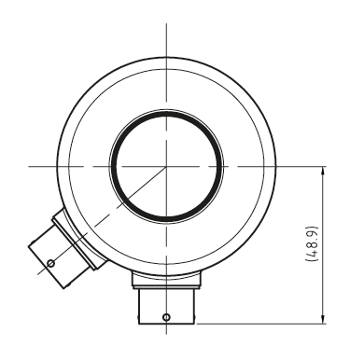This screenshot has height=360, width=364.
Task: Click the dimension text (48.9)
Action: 313,243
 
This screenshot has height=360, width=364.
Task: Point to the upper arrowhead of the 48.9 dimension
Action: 323,172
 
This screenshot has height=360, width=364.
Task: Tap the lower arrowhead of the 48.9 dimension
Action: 323,319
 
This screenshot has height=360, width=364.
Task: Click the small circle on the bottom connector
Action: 166,317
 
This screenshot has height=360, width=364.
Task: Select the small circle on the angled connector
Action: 50,264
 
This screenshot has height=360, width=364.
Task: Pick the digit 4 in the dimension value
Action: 313,254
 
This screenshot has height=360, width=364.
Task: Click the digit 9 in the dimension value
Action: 313,232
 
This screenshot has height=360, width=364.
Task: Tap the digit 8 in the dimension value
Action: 313,245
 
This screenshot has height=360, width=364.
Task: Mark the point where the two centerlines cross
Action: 166,166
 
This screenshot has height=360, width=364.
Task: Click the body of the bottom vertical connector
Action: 166,307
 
